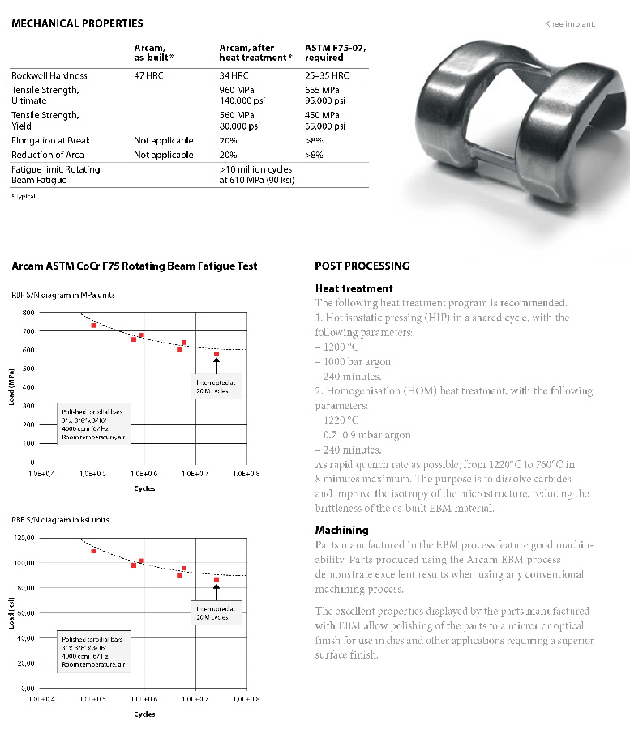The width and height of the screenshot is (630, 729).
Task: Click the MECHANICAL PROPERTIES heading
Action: [77, 23]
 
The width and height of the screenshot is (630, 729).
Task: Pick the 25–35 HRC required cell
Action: [328, 75]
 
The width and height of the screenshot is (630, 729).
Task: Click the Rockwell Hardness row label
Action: [49, 75]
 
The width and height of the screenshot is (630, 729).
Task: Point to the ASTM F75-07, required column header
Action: [336, 53]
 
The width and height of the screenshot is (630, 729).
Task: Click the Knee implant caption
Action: [571, 24]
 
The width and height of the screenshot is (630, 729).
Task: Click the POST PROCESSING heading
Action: [362, 266]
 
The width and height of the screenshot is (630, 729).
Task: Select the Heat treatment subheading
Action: [354, 288]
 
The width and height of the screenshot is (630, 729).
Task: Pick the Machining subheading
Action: [341, 530]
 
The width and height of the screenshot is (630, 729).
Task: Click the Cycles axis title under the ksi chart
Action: [144, 714]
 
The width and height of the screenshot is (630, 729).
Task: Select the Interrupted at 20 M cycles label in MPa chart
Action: [216, 386]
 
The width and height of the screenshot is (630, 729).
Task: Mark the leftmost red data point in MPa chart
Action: [93, 326]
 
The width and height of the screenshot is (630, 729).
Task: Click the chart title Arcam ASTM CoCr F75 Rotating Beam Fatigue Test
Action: [135, 266]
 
